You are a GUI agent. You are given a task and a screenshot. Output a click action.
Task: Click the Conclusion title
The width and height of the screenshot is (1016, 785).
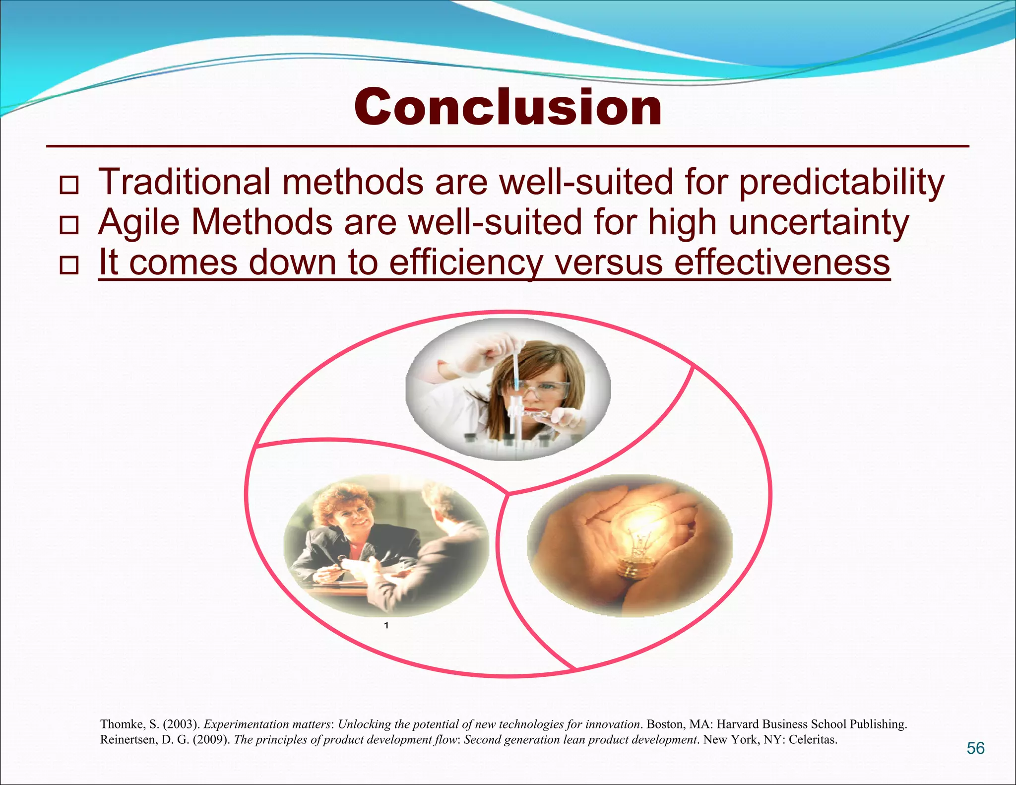[x=508, y=107]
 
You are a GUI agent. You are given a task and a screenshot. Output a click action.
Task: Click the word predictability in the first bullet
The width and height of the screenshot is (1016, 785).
[x=841, y=183]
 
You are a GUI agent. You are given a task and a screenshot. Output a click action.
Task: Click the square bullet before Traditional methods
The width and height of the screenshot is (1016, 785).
[x=69, y=185]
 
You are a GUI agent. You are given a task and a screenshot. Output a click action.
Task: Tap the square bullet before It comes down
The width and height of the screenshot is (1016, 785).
[x=69, y=265]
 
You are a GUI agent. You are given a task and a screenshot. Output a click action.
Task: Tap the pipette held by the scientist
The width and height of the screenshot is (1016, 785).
[x=516, y=370]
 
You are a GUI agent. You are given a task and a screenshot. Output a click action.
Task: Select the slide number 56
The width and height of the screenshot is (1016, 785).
[x=975, y=748]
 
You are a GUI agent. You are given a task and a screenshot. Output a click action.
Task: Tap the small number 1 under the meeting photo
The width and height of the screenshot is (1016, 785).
[x=386, y=626]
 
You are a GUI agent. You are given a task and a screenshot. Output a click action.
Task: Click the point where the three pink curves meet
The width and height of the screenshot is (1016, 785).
[x=508, y=493]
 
